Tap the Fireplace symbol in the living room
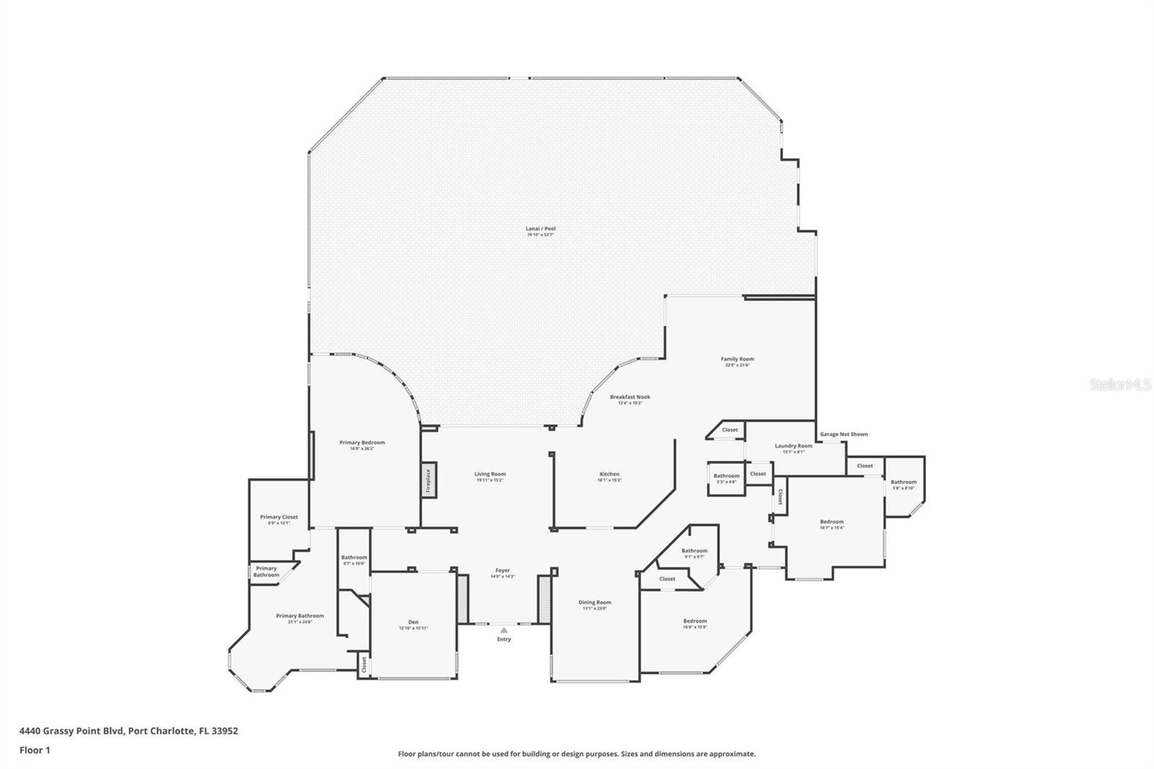pyautogui.click(x=427, y=480)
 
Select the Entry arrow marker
pyautogui.click(x=503, y=630)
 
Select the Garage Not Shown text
pyautogui.click(x=843, y=434)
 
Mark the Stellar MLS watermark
pyautogui.click(x=1119, y=385)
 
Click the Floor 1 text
pyautogui.click(x=35, y=750)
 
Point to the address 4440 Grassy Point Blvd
pyautogui.click(x=128, y=730)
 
